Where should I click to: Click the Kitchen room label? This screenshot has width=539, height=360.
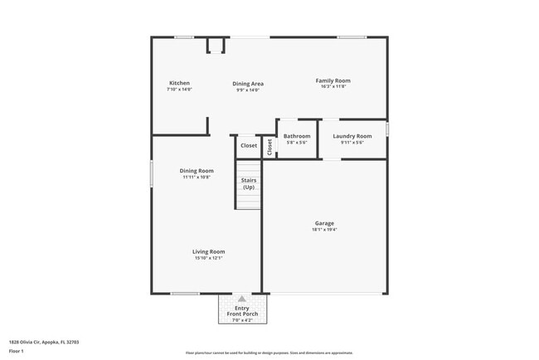[179, 83]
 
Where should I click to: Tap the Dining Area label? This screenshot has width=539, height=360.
[248, 84]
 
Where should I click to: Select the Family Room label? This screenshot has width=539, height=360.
[330, 80]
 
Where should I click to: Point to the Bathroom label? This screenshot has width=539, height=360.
[297, 136]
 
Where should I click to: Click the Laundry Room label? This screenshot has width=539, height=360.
[352, 136]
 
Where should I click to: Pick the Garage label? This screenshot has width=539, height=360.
[324, 223]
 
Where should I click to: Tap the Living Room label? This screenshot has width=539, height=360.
[209, 251]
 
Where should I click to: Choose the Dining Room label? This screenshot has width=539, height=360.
[197, 171]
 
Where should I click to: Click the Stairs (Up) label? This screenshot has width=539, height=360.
[249, 184]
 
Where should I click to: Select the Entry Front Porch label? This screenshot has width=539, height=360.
[241, 311]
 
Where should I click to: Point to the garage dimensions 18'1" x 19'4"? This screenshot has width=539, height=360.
[324, 230]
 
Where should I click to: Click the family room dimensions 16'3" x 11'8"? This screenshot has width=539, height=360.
[330, 87]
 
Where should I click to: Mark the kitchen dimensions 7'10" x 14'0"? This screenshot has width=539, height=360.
[179, 90]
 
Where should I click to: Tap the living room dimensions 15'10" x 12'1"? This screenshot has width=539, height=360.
[209, 258]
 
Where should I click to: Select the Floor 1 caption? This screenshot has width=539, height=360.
[17, 351]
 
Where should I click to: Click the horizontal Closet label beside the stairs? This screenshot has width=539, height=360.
[249, 146]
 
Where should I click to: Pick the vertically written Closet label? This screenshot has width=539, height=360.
[269, 146]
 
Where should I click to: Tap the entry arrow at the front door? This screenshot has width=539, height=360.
[241, 299]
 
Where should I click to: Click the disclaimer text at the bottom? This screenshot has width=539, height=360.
[269, 353]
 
